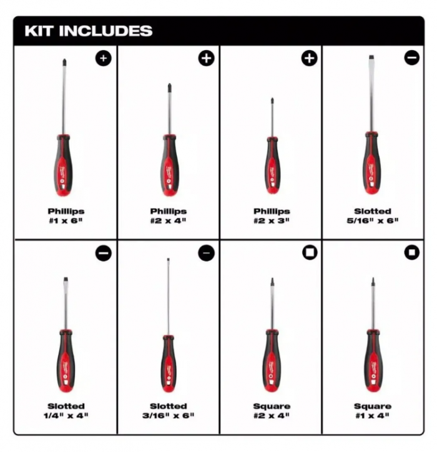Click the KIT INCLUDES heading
coord(89,31)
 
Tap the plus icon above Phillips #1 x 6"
coord(104,58)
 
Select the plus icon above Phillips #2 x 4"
coord(207,58)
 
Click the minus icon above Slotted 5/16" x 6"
coord(412,57)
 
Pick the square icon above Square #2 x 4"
coord(310,252)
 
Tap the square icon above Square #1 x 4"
coord(412,252)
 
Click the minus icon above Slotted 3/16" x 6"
coord(207,253)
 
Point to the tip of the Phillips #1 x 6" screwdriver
coord(64,60)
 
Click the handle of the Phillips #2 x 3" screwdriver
coord(272,165)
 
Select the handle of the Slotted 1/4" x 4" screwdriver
coord(66,361)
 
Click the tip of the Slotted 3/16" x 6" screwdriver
coord(169,259)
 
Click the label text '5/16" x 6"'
coord(373,221)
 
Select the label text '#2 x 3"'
coord(272,221)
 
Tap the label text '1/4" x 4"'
coord(66,416)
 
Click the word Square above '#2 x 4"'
coord(272,406)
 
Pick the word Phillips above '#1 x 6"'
coord(66,211)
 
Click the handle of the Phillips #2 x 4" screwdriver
coord(170,165)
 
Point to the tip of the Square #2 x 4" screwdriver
coord(272,279)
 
